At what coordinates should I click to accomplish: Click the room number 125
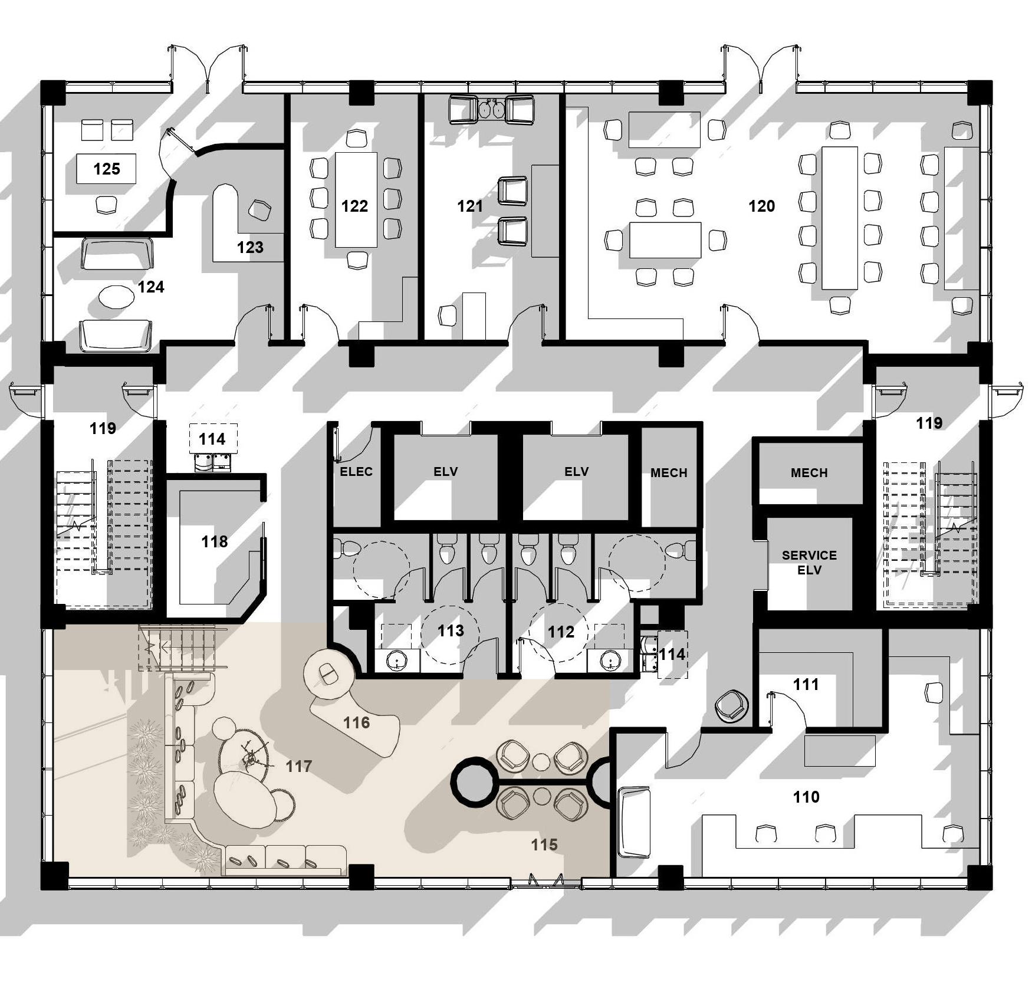(x=107, y=169)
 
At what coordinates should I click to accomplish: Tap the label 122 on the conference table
(x=354, y=206)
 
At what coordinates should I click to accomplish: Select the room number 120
(x=761, y=206)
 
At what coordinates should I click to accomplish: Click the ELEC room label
(x=356, y=472)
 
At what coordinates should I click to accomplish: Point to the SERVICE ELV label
(x=809, y=563)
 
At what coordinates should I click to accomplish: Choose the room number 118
(x=215, y=541)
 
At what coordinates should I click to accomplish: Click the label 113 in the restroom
(x=451, y=631)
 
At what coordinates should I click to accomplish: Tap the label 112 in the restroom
(x=561, y=632)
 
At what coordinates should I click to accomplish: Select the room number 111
(x=806, y=684)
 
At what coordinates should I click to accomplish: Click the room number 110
(x=806, y=797)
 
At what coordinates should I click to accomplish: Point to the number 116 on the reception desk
(x=357, y=722)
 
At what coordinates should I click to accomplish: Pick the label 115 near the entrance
(x=544, y=845)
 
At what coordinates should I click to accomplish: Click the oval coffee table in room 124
(x=116, y=297)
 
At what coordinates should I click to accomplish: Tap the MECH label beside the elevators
(x=669, y=473)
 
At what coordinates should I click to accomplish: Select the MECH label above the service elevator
(x=809, y=473)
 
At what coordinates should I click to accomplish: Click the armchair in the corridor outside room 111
(x=731, y=705)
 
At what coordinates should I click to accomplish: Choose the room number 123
(x=250, y=247)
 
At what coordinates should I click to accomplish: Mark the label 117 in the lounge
(x=299, y=766)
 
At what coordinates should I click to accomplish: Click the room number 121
(x=470, y=206)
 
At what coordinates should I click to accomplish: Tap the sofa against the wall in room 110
(x=634, y=822)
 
